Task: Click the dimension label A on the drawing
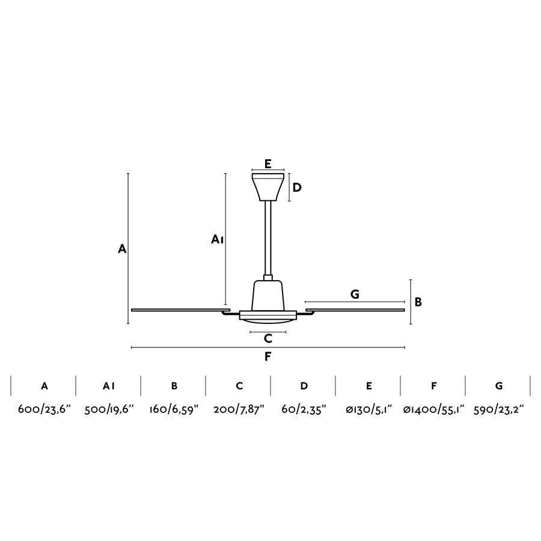pyautogui.click(x=122, y=248)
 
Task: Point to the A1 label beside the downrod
pyautogui.click(x=218, y=240)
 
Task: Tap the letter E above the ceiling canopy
pyautogui.click(x=268, y=164)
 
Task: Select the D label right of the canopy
pyautogui.click(x=297, y=188)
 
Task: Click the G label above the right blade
pyautogui.click(x=355, y=294)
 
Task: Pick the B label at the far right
pyautogui.click(x=418, y=302)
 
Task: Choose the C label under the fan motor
pyautogui.click(x=268, y=338)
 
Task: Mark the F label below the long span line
pyautogui.click(x=268, y=357)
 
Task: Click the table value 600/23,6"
pyautogui.click(x=44, y=409)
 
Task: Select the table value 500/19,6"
pyautogui.click(x=109, y=409)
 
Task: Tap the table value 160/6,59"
pyautogui.click(x=174, y=409)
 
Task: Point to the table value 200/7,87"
pyautogui.click(x=239, y=409)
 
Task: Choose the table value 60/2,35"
pyautogui.click(x=304, y=409)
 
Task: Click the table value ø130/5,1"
pyautogui.click(x=368, y=409)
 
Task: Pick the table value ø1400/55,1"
pyautogui.click(x=433, y=409)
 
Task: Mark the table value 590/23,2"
pyautogui.click(x=499, y=409)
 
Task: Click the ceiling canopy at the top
pyautogui.click(x=268, y=187)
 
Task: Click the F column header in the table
pyautogui.click(x=433, y=386)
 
